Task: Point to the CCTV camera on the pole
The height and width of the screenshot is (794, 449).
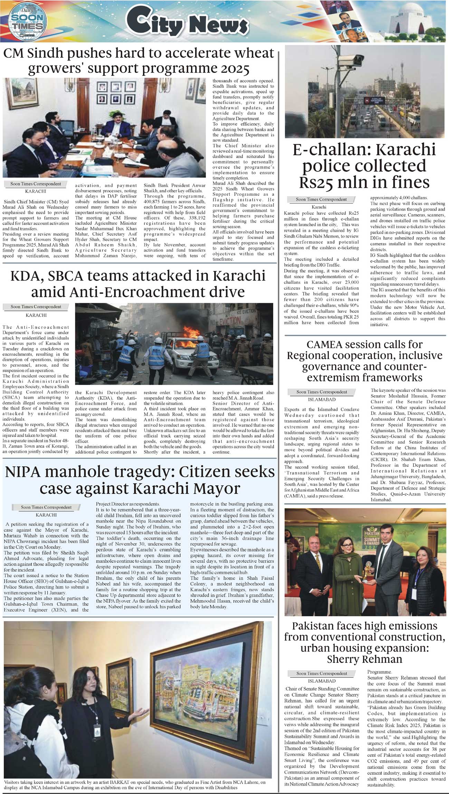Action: click(x=351, y=61)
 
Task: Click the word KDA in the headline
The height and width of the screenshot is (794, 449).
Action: click(x=26, y=276)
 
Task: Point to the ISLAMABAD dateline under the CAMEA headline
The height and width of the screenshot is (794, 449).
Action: click(x=321, y=399)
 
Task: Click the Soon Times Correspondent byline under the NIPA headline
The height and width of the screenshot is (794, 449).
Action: click(x=46, y=507)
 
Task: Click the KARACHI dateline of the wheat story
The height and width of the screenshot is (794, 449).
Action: click(x=35, y=191)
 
